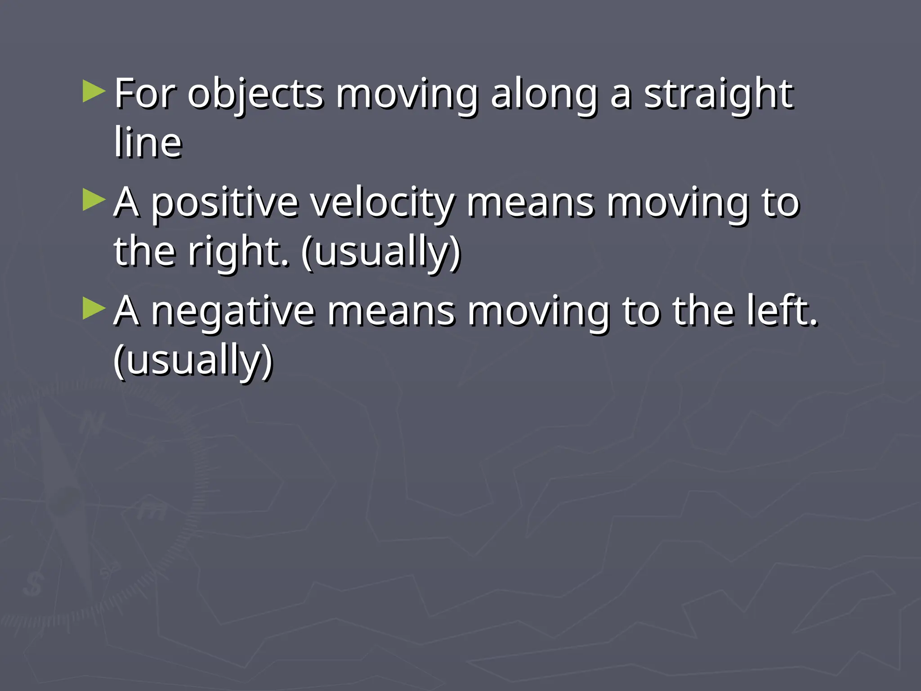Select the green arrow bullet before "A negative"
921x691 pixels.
tap(94, 309)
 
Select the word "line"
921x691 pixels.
tap(148, 143)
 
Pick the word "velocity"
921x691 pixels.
tap(383, 203)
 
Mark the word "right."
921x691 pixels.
tap(239, 252)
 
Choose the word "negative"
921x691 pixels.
tap(232, 312)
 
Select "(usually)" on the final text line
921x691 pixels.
tap(193, 361)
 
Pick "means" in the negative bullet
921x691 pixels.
tap(391, 312)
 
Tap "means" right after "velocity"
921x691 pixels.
tap(530, 203)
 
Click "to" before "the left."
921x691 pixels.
tap(640, 311)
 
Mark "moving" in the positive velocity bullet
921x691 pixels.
tap(678, 203)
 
